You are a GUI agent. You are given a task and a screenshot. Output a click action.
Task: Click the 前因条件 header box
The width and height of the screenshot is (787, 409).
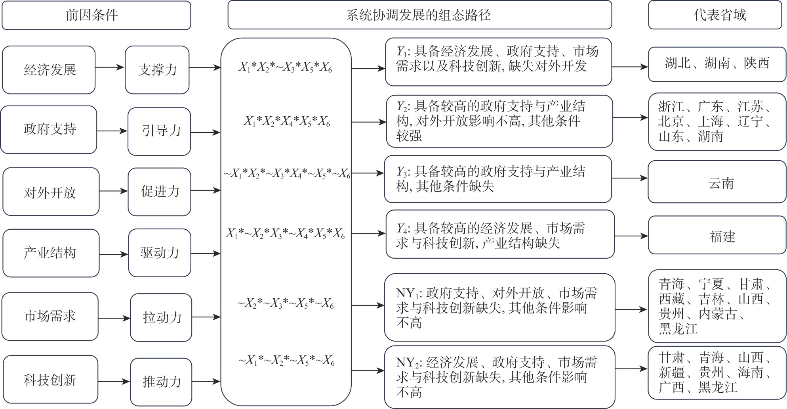point(96,15)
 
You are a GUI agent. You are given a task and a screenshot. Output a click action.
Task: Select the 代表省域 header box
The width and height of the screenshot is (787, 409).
point(717,15)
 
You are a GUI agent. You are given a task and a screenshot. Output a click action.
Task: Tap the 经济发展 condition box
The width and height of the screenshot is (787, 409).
point(49,70)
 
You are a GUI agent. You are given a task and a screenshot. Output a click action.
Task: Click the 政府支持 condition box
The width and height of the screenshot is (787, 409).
point(49,129)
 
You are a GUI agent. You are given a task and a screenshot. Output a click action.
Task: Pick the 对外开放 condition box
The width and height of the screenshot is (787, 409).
point(51,192)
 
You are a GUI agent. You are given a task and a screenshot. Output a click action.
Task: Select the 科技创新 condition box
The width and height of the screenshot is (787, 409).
point(50,380)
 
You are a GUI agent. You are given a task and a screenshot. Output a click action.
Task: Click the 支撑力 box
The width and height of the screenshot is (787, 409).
point(157,70)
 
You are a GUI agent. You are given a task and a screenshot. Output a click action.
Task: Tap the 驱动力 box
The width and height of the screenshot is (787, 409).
point(160,253)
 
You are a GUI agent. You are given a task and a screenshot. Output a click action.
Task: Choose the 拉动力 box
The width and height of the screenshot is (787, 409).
point(161,317)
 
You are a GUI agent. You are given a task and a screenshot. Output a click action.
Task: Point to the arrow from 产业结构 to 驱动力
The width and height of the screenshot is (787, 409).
point(114,254)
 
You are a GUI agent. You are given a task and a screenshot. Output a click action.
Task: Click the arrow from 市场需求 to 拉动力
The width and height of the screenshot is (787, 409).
point(114,318)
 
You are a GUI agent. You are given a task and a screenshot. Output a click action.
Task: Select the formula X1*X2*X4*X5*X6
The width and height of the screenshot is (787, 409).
point(286,121)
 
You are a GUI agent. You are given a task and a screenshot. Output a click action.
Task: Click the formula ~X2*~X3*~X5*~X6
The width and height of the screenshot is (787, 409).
point(286,304)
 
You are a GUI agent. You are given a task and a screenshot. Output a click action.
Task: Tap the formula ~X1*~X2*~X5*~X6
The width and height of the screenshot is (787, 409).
point(286,361)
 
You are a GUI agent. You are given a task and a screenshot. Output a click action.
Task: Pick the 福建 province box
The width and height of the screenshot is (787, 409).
point(717,236)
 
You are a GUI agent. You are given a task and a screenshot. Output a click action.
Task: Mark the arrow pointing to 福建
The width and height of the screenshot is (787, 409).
point(631,236)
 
